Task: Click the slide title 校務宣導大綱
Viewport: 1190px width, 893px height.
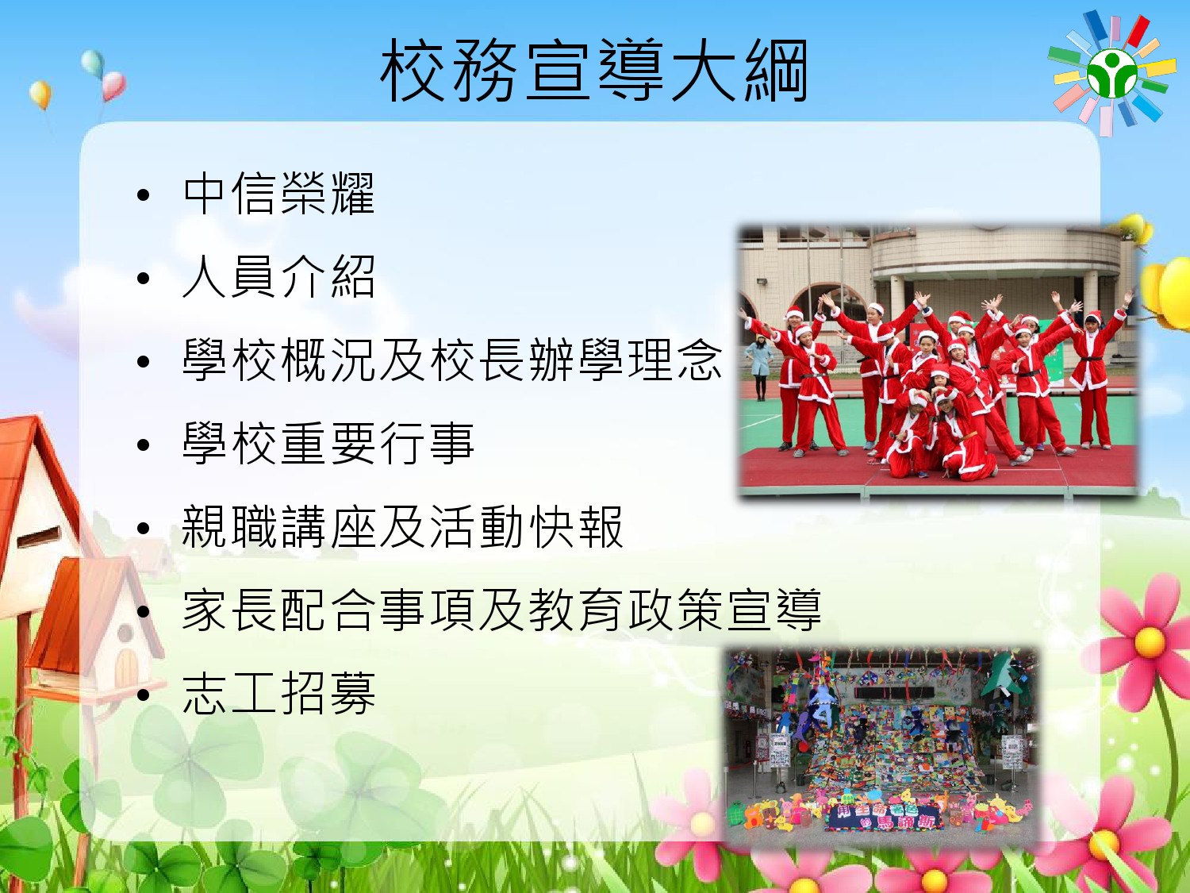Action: click(x=594, y=71)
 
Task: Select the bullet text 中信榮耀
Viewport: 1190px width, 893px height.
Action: click(x=278, y=194)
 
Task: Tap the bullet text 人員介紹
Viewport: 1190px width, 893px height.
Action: click(x=278, y=277)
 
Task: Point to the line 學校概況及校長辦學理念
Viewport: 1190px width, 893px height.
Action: click(x=452, y=360)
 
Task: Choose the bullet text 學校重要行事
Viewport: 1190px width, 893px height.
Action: click(x=328, y=444)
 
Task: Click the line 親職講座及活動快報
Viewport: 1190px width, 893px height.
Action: click(x=402, y=526)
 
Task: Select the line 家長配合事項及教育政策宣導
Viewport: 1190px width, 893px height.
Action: click(x=501, y=610)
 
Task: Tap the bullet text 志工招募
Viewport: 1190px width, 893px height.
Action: click(x=278, y=693)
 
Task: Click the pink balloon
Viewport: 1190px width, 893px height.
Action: click(x=114, y=86)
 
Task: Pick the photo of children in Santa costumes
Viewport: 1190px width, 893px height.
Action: click(x=939, y=362)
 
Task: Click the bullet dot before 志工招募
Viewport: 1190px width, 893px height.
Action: click(x=143, y=695)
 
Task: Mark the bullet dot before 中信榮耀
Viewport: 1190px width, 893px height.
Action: click(x=143, y=196)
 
